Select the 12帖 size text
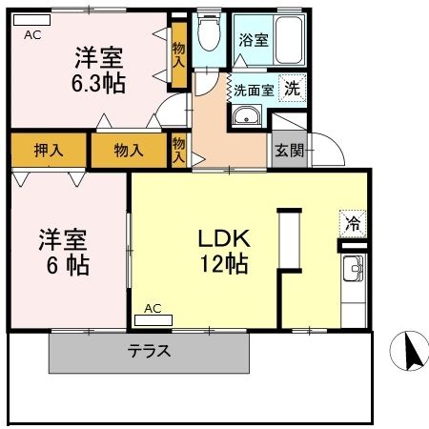(223, 264)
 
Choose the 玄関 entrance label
(289, 150)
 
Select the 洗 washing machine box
(296, 85)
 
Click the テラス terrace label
(150, 350)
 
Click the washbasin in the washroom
(246, 118)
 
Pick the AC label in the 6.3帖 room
(31, 34)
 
